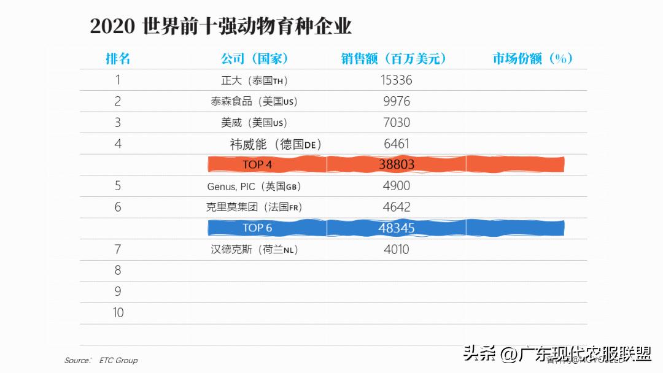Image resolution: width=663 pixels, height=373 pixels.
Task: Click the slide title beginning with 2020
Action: [221, 26]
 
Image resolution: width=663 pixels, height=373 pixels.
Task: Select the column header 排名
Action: [118, 58]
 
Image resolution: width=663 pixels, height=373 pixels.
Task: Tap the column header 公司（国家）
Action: [254, 58]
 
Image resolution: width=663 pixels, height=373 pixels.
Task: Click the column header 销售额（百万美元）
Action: [394, 58]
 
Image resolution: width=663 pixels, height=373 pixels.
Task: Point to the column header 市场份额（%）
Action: [532, 58]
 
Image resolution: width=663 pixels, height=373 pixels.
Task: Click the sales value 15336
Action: [396, 80]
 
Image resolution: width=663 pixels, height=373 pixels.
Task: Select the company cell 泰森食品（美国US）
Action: [254, 101]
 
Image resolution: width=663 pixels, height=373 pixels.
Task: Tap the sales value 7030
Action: [396, 123]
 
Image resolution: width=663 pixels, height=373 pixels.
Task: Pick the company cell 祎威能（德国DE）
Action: [276, 145]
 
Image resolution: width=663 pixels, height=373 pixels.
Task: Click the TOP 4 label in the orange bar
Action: [257, 164]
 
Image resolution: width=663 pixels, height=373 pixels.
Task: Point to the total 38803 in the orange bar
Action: [396, 164]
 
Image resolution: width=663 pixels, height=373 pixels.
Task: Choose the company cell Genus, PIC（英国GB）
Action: [254, 186]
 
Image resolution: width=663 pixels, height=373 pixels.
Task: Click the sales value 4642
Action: [396, 207]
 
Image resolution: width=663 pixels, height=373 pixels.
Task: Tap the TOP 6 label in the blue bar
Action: [257, 228]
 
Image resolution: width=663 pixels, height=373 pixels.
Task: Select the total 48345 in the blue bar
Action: [396, 228]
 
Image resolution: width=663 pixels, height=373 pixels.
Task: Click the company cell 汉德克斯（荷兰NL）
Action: [254, 250]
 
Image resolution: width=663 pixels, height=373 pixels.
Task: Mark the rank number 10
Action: [118, 313]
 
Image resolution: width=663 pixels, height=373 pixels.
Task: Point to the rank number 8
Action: [118, 271]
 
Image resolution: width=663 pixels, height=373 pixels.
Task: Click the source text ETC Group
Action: [118, 360]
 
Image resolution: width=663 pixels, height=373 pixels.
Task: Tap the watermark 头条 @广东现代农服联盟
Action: [557, 354]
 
